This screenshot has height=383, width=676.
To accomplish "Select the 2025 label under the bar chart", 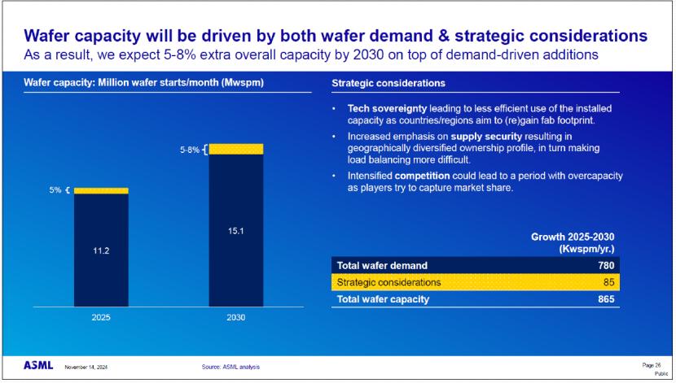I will [x=101, y=318].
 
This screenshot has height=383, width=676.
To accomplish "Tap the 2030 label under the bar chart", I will [x=235, y=318].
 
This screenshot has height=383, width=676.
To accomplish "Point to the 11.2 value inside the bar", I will [x=101, y=250].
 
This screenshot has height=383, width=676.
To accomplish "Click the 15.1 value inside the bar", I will [x=235, y=231].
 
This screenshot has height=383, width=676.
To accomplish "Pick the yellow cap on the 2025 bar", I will [x=101, y=190].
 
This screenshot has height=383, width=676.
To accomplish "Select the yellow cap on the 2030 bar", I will [x=235, y=148].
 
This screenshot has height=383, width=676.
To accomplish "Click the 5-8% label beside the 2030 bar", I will [x=190, y=149].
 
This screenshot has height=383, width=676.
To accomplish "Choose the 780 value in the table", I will [x=603, y=265].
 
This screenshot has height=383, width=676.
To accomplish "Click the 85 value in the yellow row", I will [x=606, y=282].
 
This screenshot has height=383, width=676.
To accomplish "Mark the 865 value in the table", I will [x=603, y=299].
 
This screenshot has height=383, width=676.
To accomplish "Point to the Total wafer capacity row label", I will [x=383, y=299].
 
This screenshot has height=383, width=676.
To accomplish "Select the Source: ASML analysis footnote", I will [x=230, y=368].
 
